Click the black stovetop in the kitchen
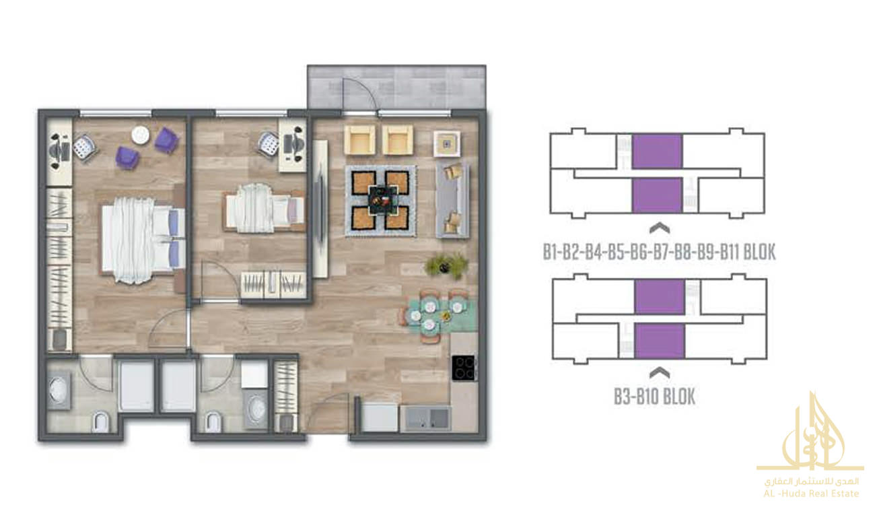point(463,368)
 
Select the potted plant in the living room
point(446,266)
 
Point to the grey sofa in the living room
point(452,201)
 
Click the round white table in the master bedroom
point(141,135)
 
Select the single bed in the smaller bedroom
point(265,209)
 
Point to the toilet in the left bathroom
point(102,421)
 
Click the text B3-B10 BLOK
point(654,397)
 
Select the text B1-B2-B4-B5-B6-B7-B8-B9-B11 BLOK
point(659,252)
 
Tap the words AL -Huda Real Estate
point(811,494)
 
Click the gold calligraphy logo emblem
point(810,434)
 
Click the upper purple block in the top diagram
point(657,151)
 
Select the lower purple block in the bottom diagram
point(660,341)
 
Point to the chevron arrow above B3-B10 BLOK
point(660,373)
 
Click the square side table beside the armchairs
point(447,144)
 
